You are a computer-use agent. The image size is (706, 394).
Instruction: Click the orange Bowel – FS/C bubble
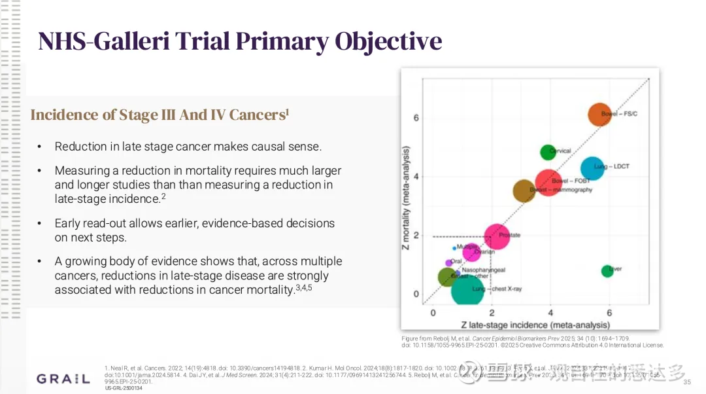point(599,115)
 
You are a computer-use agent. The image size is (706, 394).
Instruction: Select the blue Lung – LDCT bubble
point(592,168)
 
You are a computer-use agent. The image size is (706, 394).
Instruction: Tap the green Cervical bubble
point(548,152)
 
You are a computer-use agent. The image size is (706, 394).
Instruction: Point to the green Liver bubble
point(607,270)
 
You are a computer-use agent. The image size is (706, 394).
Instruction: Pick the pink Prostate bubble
point(497,236)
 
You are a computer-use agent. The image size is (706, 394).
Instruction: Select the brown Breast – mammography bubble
point(524,190)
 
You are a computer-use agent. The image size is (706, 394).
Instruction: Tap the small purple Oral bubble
point(448,262)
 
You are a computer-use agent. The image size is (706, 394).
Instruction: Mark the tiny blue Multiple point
point(454,248)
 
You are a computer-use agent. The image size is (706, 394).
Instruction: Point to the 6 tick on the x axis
point(609,313)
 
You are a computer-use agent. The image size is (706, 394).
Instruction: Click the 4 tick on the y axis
point(416,177)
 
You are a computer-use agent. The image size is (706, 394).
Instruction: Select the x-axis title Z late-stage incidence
point(535,325)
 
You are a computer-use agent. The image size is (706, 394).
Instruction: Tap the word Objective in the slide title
point(388,41)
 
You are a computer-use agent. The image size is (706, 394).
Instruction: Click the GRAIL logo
point(63,379)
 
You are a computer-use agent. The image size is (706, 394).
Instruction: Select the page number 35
point(686,382)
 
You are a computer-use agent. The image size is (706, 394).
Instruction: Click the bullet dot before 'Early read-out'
point(40,223)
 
